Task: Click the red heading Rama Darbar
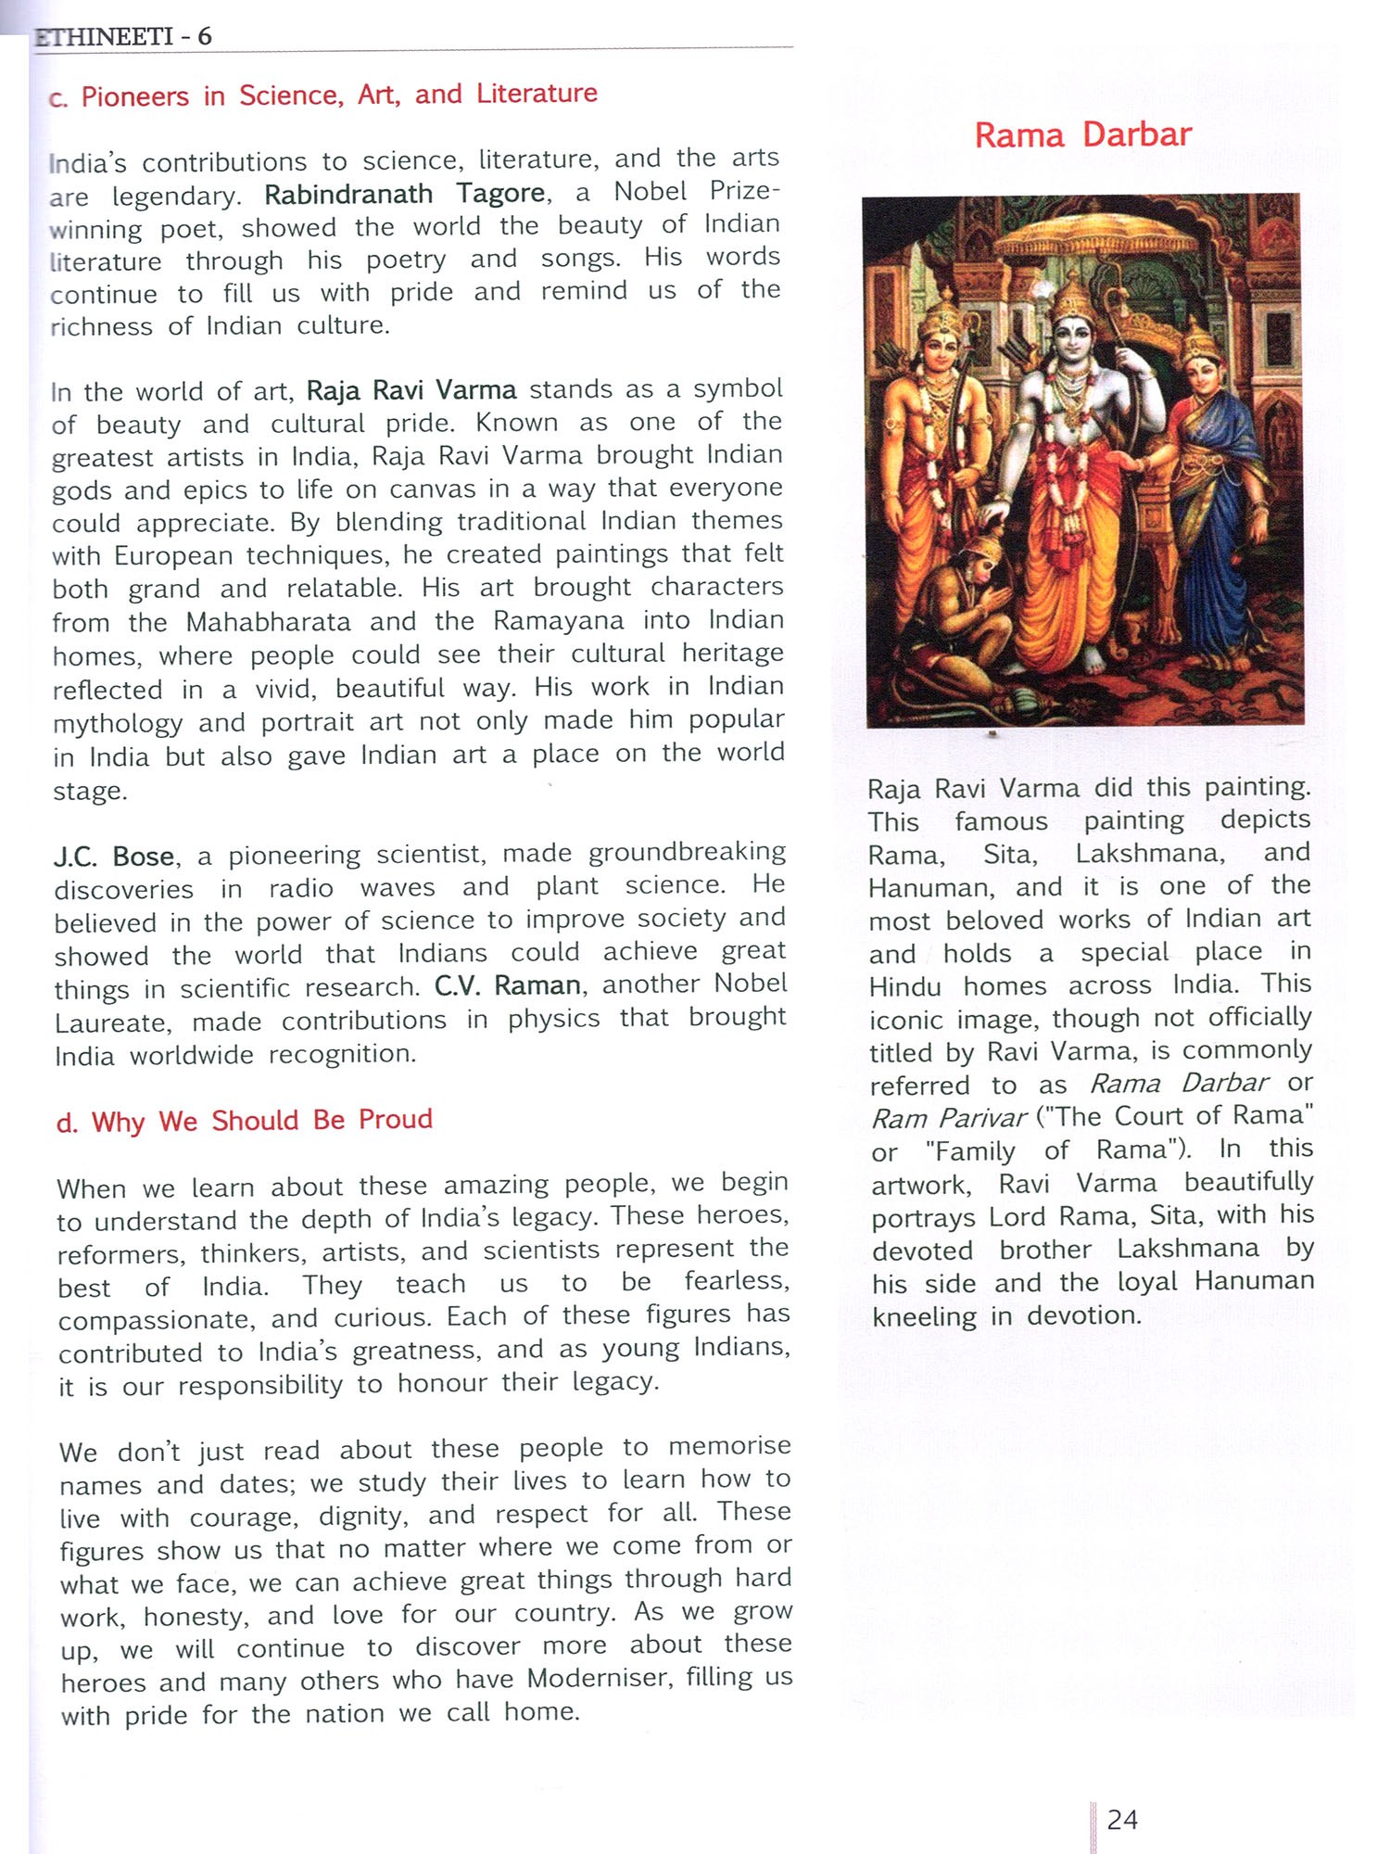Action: point(1082,135)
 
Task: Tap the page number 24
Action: point(1122,1820)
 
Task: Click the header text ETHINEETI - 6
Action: point(123,37)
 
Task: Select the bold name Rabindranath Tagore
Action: point(405,194)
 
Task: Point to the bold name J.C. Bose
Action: point(114,857)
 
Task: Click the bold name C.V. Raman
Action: point(508,984)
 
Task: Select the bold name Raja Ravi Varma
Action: point(411,390)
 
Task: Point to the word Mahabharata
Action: point(269,622)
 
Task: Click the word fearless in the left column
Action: point(737,1282)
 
